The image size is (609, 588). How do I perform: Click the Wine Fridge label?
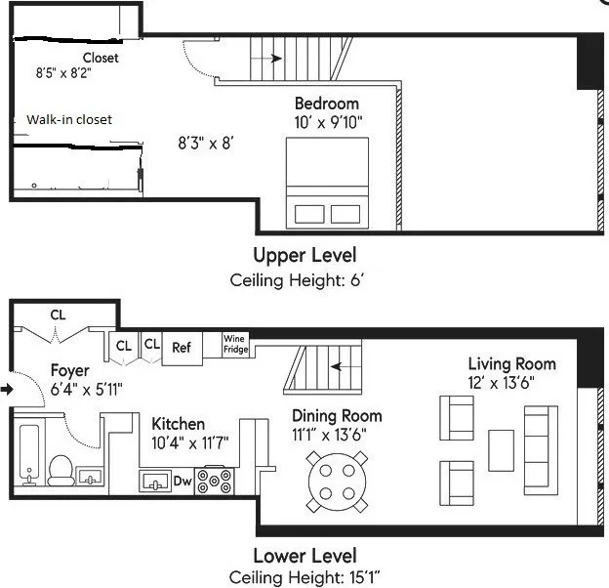[x=235, y=343]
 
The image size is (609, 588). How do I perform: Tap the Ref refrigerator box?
[x=182, y=347]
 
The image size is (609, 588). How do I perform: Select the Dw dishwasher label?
[x=183, y=481]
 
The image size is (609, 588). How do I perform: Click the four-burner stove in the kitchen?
[x=215, y=481]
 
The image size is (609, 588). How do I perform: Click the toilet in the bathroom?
[x=61, y=469]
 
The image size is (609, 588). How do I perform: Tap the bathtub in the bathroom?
[x=28, y=452]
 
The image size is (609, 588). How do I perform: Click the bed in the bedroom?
[x=327, y=186]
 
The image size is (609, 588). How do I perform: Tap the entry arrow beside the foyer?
[x=6, y=390]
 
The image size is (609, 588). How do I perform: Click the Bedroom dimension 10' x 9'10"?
[x=327, y=122]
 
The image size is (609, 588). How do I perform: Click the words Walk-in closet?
[x=69, y=120]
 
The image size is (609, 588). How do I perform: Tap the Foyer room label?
[x=69, y=371]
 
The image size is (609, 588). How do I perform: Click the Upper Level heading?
[x=304, y=256]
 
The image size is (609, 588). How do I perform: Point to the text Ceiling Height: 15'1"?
[x=304, y=577]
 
